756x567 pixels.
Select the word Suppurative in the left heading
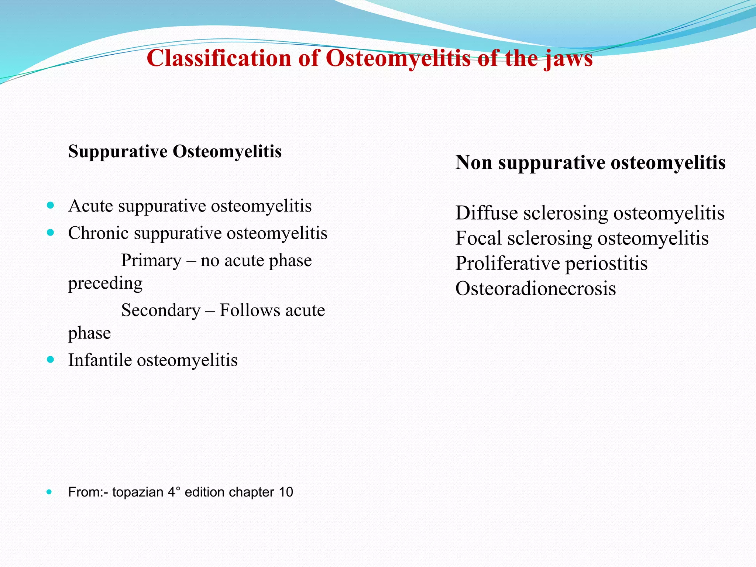(118, 152)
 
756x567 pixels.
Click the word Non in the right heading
(474, 162)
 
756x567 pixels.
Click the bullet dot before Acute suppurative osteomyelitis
(51, 205)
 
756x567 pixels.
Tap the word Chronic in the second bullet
(98, 233)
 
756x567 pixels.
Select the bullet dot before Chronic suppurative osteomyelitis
(51, 233)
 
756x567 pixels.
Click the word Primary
(151, 261)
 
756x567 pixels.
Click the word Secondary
(161, 310)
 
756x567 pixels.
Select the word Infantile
(100, 360)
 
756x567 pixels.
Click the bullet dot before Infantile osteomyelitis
(51, 360)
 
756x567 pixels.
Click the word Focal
(478, 238)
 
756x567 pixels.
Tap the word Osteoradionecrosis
(535, 289)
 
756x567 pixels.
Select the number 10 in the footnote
(286, 492)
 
